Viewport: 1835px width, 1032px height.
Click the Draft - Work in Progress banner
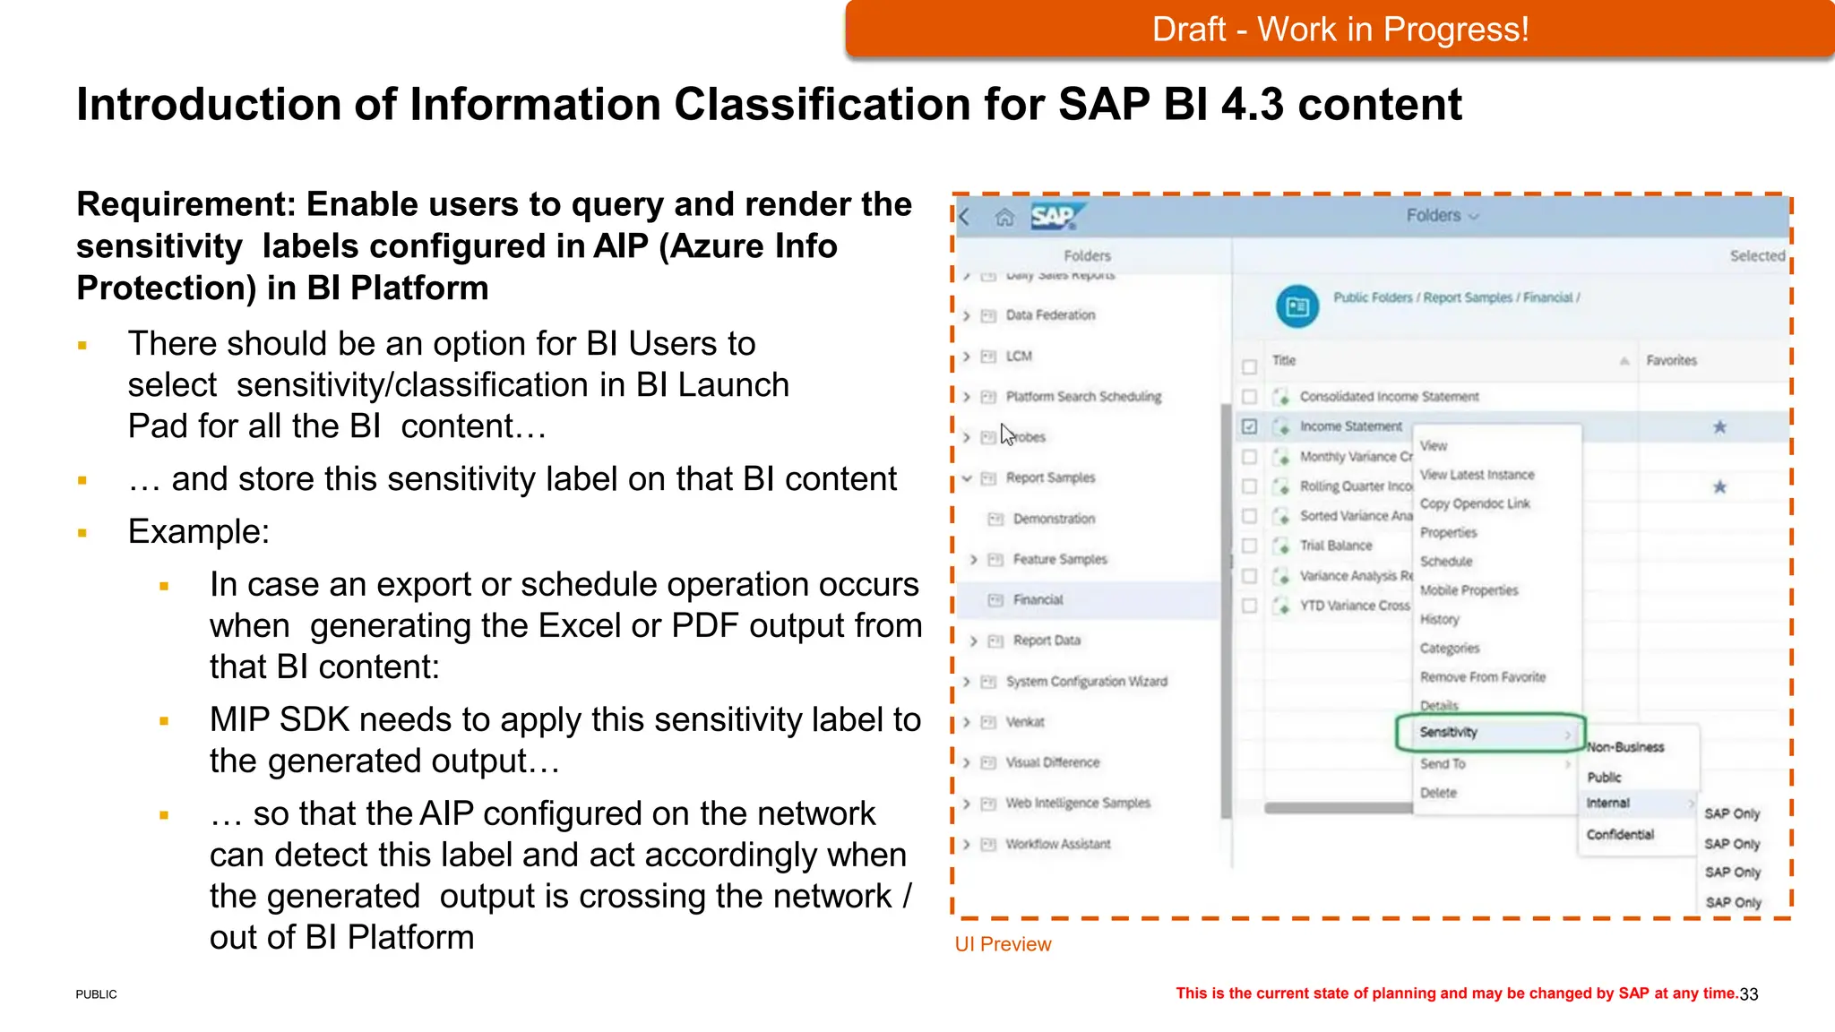click(1340, 30)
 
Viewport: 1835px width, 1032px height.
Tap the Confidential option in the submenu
click(1620, 835)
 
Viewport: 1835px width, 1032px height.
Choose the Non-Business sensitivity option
click(1625, 747)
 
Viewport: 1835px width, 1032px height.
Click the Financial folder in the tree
click(1038, 600)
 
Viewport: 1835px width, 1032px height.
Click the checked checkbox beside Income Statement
click(1250, 427)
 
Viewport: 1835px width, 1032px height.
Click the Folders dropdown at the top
click(1441, 216)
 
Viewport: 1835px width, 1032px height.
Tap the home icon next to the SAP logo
click(1004, 218)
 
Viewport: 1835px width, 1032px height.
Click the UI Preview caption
click(1003, 944)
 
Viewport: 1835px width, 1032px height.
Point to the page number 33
click(1749, 994)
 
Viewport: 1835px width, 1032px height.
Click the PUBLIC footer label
click(96, 994)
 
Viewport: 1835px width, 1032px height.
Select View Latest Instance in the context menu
click(1477, 475)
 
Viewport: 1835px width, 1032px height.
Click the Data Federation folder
click(1050, 315)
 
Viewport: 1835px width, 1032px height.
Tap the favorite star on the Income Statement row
click(1719, 427)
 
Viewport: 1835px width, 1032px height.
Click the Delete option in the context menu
click(1438, 793)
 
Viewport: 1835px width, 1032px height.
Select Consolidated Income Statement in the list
click(1389, 397)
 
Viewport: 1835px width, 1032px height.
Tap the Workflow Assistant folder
click(1057, 844)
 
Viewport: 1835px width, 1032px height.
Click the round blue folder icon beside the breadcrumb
click(1297, 307)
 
